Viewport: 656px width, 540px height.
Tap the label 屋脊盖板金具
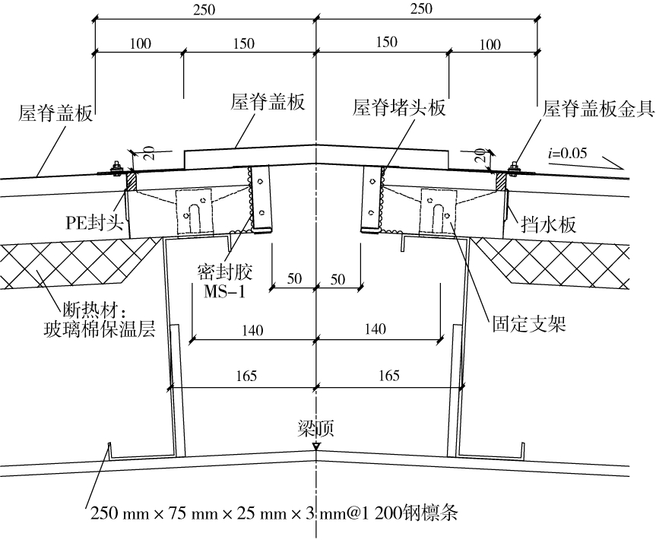[598, 107]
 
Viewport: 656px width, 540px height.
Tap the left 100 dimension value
[140, 43]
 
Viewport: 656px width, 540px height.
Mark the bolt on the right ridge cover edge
[514, 167]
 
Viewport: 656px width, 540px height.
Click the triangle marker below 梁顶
[315, 448]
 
